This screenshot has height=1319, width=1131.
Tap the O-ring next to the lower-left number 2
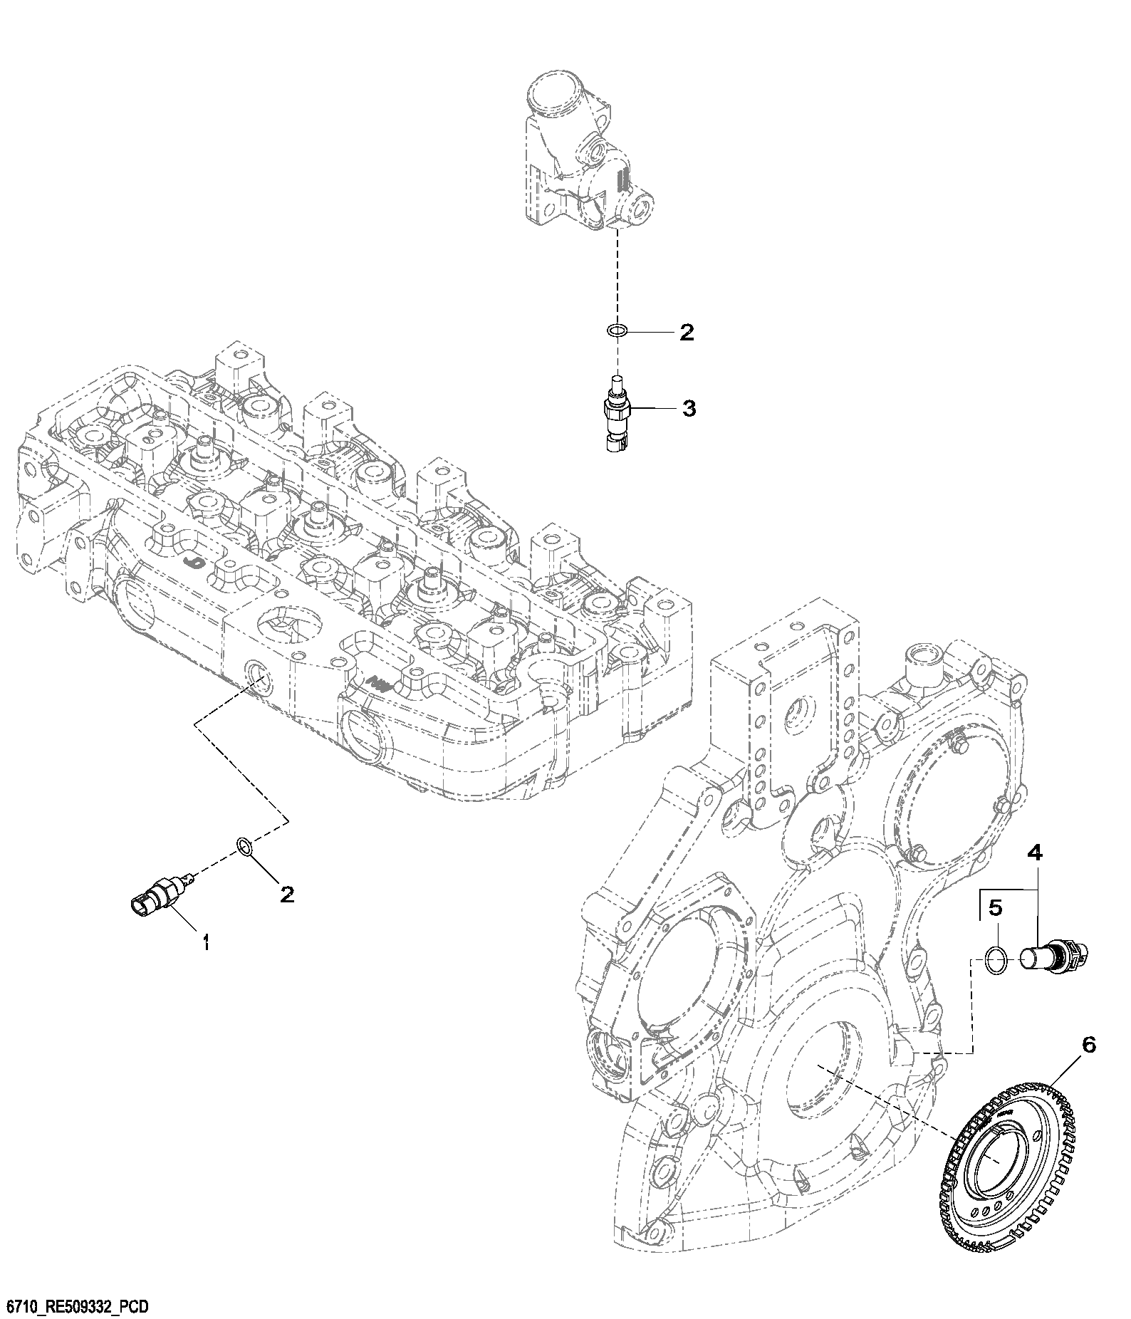pyautogui.click(x=244, y=847)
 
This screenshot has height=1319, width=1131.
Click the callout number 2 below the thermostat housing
pyautogui.click(x=686, y=332)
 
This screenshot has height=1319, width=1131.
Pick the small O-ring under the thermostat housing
pyautogui.click(x=617, y=330)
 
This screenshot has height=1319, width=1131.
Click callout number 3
pyautogui.click(x=689, y=409)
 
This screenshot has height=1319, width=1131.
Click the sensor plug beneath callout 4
pyautogui.click(x=1053, y=956)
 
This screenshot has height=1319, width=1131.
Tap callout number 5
pyautogui.click(x=996, y=907)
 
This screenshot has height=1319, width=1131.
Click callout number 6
pyautogui.click(x=1088, y=1045)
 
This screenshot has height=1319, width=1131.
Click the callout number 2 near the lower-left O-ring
pyautogui.click(x=286, y=895)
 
